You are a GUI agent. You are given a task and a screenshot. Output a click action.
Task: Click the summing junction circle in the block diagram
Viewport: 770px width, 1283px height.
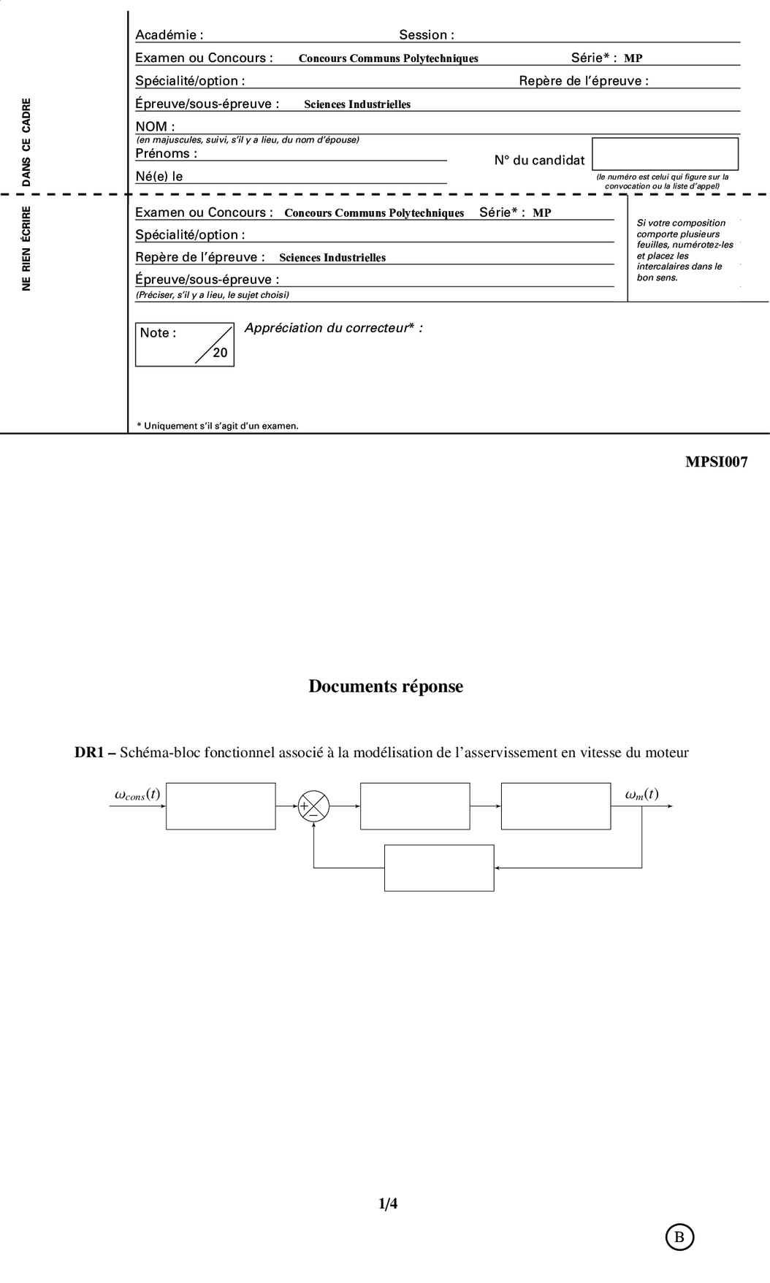tap(313, 806)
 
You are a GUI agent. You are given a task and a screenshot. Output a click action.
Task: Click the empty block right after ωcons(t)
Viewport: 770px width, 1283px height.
tap(221, 806)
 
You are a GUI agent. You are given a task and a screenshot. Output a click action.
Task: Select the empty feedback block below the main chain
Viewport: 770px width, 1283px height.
tap(439, 868)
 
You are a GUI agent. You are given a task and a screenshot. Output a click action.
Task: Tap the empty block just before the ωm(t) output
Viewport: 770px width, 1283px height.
tap(556, 806)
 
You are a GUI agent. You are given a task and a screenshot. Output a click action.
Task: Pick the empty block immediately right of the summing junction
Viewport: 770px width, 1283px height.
tap(415, 806)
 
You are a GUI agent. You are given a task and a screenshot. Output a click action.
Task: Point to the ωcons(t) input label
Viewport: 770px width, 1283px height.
tap(137, 794)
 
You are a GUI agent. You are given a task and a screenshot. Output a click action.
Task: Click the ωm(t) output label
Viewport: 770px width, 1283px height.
tap(641, 794)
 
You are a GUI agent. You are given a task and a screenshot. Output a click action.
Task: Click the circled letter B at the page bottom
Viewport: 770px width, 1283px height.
tap(679, 1237)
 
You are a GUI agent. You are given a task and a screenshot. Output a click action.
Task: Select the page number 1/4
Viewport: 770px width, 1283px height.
tap(388, 1203)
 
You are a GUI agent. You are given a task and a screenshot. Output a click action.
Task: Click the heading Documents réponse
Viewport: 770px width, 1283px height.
tap(386, 686)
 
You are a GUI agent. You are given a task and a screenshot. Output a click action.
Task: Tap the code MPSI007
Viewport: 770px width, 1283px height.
tap(716, 462)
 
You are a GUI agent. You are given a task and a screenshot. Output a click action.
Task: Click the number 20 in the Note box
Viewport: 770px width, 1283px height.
tap(220, 353)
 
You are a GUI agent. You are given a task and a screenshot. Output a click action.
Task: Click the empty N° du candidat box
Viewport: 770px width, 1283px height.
tap(665, 154)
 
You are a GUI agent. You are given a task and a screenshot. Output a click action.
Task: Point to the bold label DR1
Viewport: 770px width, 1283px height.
tap(90, 753)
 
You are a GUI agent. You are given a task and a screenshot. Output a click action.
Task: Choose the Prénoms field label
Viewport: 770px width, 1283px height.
tap(166, 153)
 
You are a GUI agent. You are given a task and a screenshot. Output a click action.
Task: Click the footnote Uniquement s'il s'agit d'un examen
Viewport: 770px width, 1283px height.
tap(218, 426)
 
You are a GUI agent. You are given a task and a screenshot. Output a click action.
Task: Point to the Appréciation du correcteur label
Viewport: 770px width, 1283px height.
tap(333, 328)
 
